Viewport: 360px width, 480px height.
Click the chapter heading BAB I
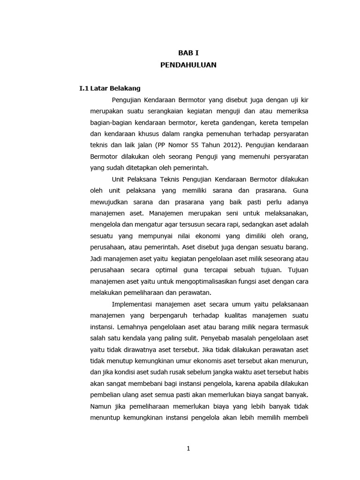tap(188, 53)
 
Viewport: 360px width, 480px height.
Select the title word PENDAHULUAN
tap(188, 65)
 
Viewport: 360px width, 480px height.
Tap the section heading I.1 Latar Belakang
tap(110, 88)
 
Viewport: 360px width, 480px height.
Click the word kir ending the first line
tap(303, 100)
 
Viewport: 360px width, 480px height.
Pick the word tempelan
tap(294, 123)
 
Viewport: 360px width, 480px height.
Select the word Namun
tap(99, 406)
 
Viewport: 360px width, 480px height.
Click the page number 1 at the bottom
tap(188, 449)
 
